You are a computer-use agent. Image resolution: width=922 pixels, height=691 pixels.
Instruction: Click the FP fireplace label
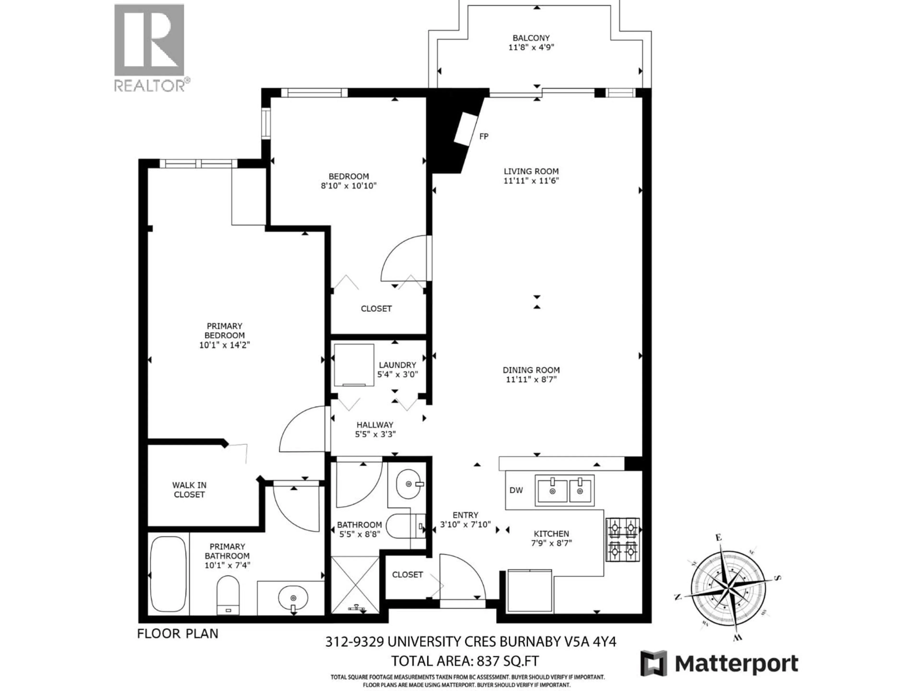(x=484, y=136)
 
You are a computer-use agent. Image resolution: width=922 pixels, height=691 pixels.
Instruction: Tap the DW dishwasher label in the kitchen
(x=516, y=490)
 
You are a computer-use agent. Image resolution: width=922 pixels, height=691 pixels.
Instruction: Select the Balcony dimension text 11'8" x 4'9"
(x=531, y=47)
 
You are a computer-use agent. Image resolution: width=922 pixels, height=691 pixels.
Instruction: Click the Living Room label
(x=531, y=171)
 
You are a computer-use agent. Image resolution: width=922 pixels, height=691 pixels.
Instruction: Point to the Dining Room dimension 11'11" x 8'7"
(x=531, y=379)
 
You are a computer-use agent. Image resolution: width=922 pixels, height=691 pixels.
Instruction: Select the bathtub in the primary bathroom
(x=168, y=575)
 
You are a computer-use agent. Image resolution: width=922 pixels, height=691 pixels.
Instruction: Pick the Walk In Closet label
(x=189, y=490)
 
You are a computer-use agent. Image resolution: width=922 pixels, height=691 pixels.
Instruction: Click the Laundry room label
(x=397, y=365)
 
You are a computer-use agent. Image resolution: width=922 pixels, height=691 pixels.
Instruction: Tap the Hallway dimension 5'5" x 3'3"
(x=375, y=434)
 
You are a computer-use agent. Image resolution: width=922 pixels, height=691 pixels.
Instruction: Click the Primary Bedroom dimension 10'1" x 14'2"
(x=224, y=345)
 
